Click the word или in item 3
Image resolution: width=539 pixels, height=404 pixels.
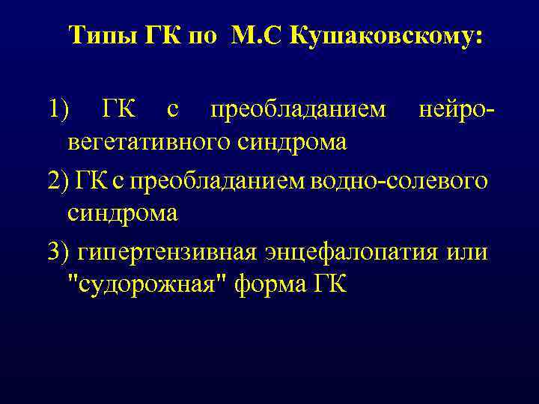click(x=467, y=251)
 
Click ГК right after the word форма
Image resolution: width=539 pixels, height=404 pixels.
click(x=327, y=286)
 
